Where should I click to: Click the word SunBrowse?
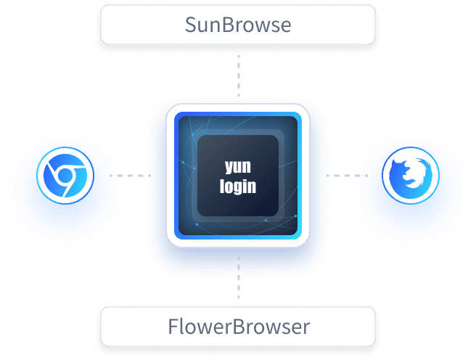(237, 25)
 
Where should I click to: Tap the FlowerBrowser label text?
(237, 327)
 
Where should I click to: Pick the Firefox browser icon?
(410, 177)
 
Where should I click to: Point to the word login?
(238, 187)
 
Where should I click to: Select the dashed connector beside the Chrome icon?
(123, 176)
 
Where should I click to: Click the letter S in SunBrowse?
(190, 25)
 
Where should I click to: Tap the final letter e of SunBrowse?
(285, 26)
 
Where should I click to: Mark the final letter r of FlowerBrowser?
(306, 327)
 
